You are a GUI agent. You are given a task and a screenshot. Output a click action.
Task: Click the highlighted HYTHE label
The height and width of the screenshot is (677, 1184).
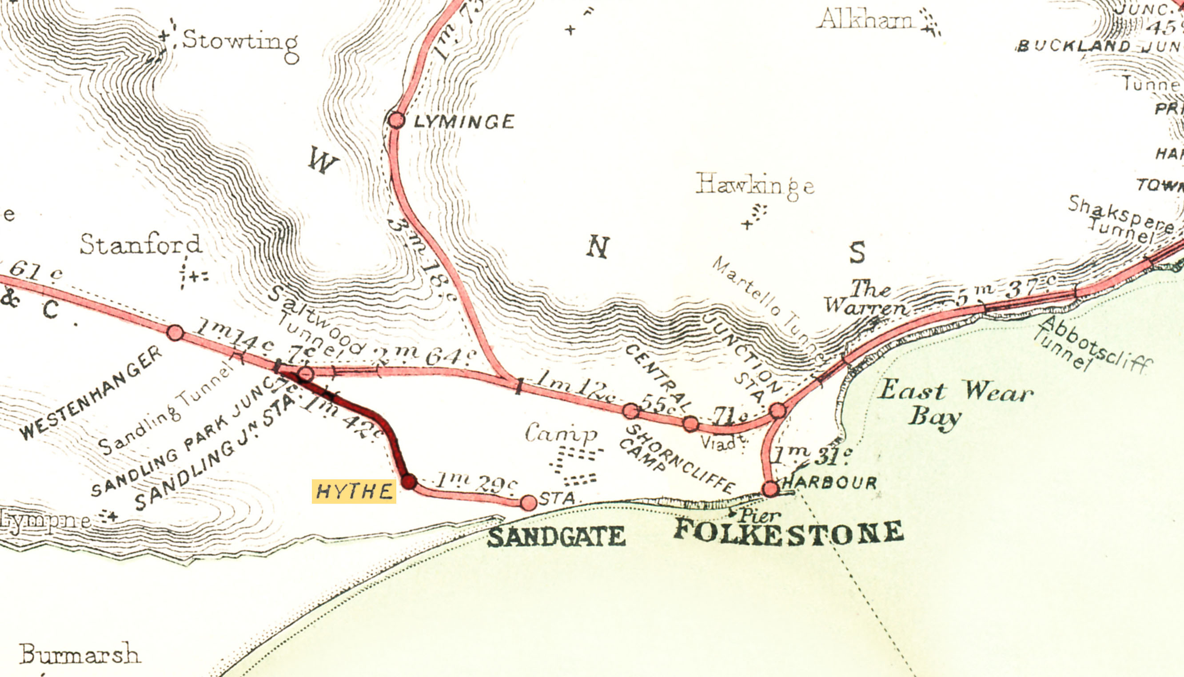354,491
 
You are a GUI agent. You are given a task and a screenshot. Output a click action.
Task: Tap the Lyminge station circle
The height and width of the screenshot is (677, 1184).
396,120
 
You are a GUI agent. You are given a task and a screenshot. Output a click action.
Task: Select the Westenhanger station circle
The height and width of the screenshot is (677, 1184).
175,332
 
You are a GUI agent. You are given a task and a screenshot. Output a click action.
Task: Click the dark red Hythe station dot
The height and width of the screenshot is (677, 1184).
409,481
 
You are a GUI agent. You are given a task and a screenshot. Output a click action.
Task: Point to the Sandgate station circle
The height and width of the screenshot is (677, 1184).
528,502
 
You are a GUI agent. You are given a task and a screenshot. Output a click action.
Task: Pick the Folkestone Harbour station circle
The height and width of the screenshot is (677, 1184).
770,489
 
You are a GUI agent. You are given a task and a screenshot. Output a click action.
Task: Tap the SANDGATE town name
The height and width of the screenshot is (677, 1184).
556,537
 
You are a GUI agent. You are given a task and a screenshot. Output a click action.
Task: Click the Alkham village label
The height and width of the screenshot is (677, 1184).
865,20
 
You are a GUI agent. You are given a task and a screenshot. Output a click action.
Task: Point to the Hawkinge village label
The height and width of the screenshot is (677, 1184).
755,185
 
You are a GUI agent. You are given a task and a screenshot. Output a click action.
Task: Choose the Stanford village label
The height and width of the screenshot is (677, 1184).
140,245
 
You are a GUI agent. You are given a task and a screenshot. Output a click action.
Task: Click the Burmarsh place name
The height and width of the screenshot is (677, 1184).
80,655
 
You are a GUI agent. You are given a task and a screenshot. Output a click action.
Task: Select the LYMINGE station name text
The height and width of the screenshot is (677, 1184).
464,122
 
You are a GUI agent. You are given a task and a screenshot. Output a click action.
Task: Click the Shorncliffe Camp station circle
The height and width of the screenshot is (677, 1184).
630,411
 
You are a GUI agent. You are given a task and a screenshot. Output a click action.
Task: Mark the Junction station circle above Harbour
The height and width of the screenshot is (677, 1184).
777,410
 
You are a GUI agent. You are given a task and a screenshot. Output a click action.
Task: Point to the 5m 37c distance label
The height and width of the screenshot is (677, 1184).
1005,291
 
